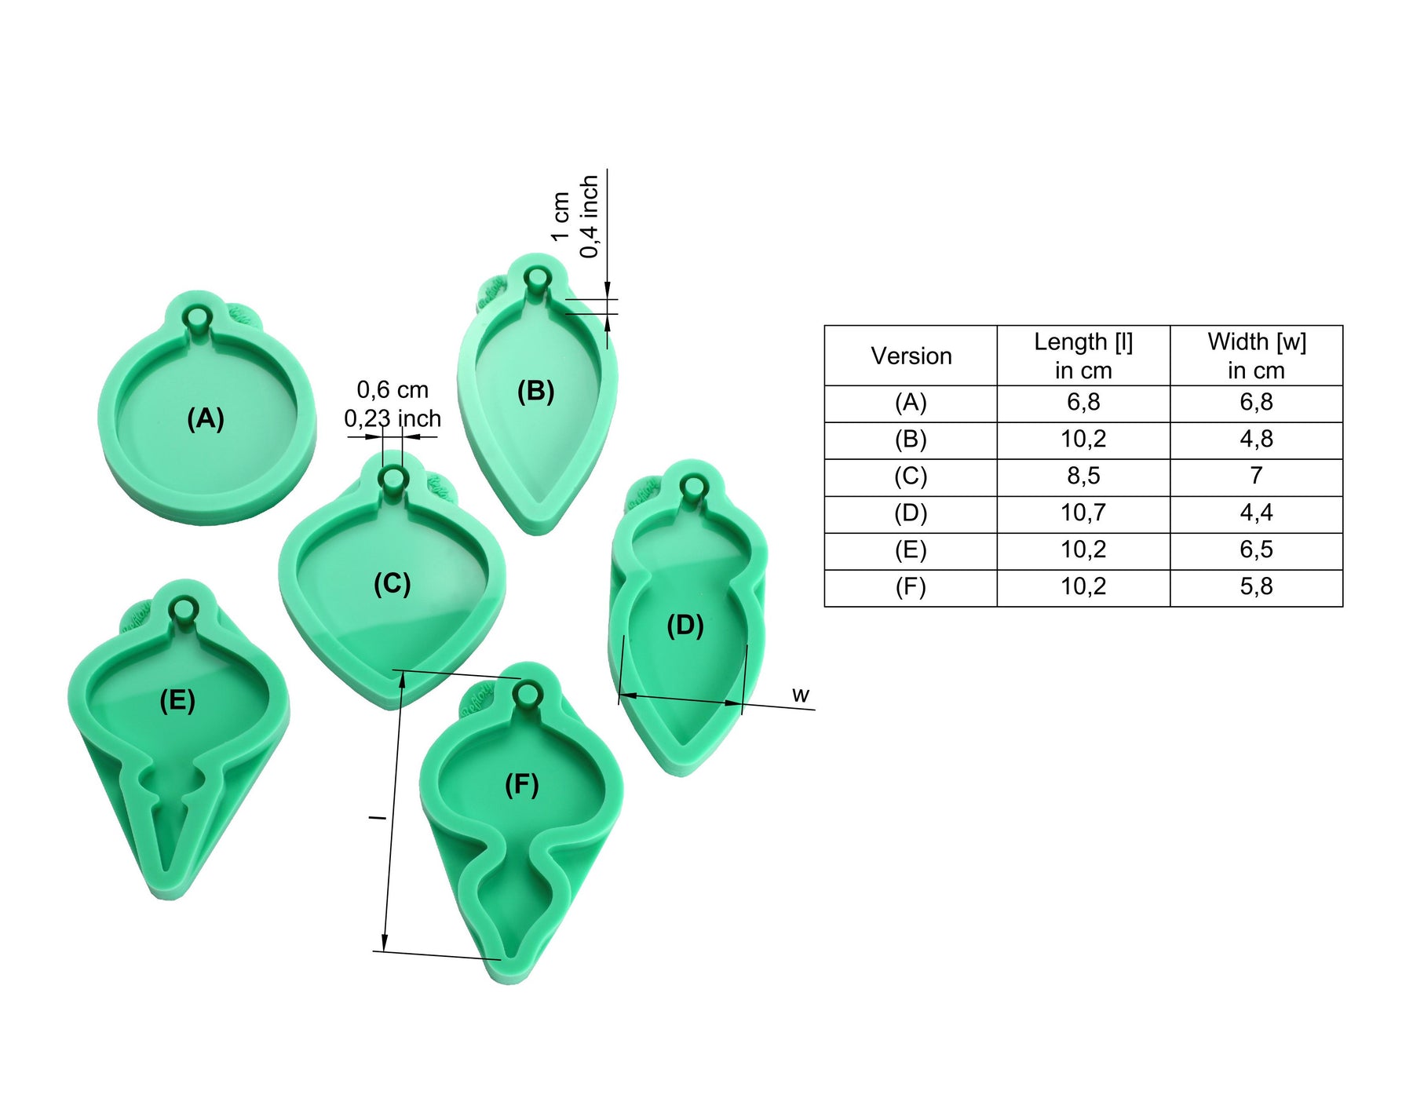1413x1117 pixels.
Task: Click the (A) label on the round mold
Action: (206, 418)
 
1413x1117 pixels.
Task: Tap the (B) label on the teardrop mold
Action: (536, 391)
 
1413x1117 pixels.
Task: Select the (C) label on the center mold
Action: (392, 584)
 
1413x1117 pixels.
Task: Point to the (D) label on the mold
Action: (685, 626)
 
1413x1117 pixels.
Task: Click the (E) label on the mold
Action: (177, 700)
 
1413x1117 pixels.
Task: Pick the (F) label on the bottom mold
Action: (522, 784)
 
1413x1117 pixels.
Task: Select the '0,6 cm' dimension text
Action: (392, 390)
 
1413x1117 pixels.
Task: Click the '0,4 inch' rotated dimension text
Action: (589, 217)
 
